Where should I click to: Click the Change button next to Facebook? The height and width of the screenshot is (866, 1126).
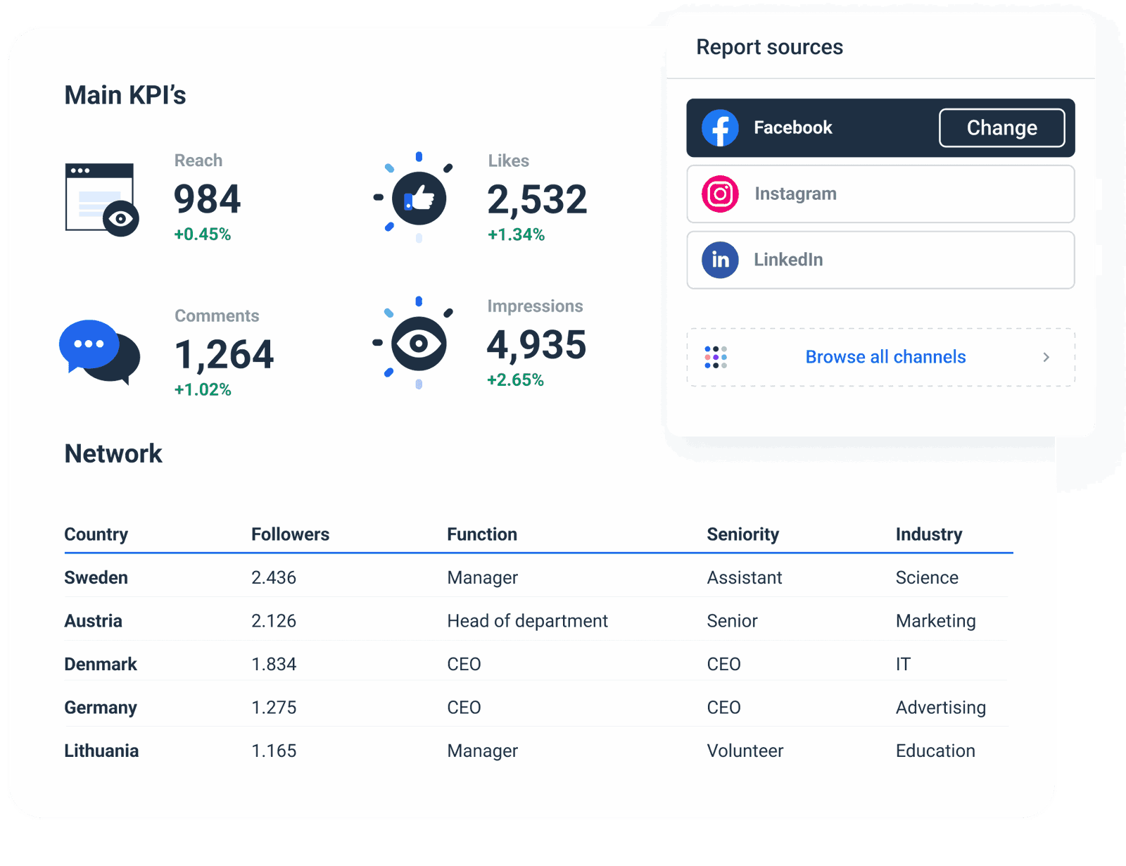click(1001, 128)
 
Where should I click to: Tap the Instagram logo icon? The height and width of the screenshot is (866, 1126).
click(720, 194)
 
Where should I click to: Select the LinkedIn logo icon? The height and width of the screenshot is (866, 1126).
click(720, 260)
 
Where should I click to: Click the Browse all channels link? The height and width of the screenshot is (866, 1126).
click(885, 357)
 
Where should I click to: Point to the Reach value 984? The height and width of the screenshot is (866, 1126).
click(207, 199)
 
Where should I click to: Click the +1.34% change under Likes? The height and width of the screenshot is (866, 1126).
click(516, 234)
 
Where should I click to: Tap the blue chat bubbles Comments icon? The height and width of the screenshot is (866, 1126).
click(99, 351)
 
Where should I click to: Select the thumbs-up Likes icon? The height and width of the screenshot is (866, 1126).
click(419, 198)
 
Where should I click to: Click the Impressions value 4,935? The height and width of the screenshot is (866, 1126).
click(536, 345)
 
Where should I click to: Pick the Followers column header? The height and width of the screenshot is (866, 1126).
click(290, 534)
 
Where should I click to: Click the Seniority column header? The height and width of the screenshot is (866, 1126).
click(742, 534)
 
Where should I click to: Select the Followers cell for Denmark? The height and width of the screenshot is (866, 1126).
click(274, 664)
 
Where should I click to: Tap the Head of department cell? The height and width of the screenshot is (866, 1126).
click(527, 621)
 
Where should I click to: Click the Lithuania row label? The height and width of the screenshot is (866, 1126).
click(101, 751)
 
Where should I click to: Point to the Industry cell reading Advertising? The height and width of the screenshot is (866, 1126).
click(940, 708)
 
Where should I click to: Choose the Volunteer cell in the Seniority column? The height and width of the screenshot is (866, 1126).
click(745, 751)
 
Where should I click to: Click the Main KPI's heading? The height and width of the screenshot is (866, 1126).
click(125, 95)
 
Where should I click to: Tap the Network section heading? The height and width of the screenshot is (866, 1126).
click(113, 454)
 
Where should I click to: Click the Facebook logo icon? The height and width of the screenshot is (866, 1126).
click(720, 128)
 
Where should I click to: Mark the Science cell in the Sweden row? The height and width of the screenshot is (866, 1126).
click(927, 578)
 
